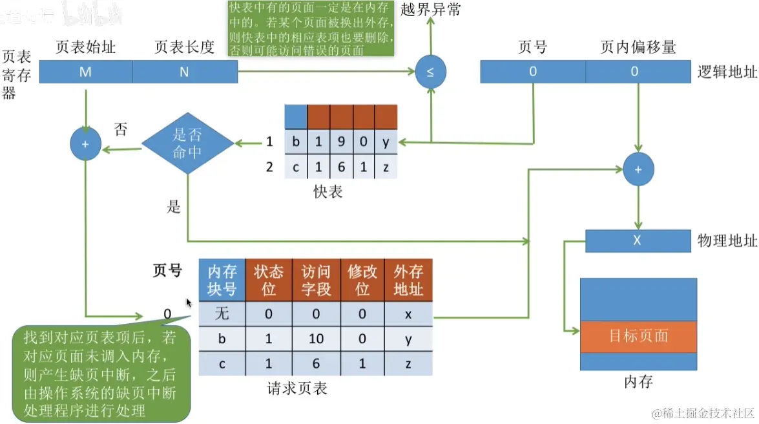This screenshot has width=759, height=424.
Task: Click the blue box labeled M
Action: coord(85,72)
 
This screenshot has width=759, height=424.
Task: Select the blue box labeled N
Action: coord(185,72)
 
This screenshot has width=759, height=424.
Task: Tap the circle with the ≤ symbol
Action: coord(431,72)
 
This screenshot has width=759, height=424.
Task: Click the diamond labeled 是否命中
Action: coord(187,143)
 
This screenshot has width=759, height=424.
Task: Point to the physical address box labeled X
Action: coord(637,241)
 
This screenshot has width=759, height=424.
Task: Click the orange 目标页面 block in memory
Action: coord(638,336)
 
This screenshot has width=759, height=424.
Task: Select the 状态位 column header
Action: coord(269,280)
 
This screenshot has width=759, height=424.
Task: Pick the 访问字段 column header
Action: coord(316,280)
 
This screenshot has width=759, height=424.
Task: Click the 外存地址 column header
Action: coord(408,280)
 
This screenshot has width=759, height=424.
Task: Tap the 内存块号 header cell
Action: coord(222,280)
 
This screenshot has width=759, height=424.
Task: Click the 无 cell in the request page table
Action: coord(222,314)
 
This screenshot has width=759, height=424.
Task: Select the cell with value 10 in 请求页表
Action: coord(316,339)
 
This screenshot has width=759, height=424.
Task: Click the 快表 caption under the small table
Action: coord(328,192)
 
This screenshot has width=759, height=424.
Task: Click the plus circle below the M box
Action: coord(85,143)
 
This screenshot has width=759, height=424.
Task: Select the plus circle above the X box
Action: coord(638,169)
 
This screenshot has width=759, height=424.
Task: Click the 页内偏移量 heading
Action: coord(638,47)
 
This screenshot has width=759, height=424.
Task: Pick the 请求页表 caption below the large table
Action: coord(297,388)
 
